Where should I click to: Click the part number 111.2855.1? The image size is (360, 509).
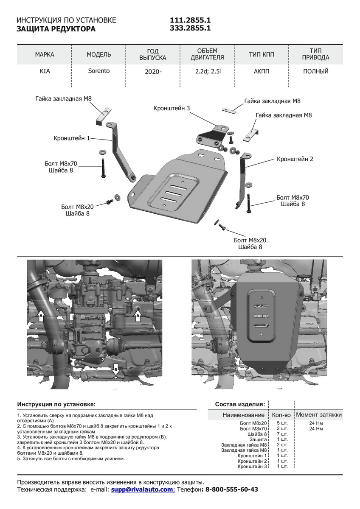click(x=190, y=20)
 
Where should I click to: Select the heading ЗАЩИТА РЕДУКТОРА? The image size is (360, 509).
click(x=56, y=29)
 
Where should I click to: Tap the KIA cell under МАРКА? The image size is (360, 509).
click(x=45, y=71)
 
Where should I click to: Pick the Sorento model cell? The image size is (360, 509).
click(x=99, y=71)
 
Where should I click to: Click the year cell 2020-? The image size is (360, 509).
click(x=153, y=72)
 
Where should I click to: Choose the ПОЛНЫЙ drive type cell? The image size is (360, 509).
click(x=316, y=71)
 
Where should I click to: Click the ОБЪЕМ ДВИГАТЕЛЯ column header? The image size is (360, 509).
click(x=207, y=54)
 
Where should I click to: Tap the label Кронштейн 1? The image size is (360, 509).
click(x=72, y=138)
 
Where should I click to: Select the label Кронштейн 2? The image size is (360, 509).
click(x=295, y=159)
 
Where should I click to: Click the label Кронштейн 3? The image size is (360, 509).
click(x=172, y=109)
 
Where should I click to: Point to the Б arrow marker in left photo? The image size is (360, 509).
click(x=115, y=370)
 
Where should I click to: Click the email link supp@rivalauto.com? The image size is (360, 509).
click(x=142, y=489)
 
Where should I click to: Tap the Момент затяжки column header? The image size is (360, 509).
click(x=319, y=414)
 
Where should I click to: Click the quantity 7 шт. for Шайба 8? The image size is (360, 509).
click(x=282, y=434)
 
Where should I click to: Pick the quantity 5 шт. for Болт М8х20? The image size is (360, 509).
click(x=282, y=423)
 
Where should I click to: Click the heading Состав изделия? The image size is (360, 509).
click(x=240, y=404)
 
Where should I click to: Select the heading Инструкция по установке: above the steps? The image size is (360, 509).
click(x=56, y=404)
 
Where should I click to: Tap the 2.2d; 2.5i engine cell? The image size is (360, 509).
click(x=208, y=71)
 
